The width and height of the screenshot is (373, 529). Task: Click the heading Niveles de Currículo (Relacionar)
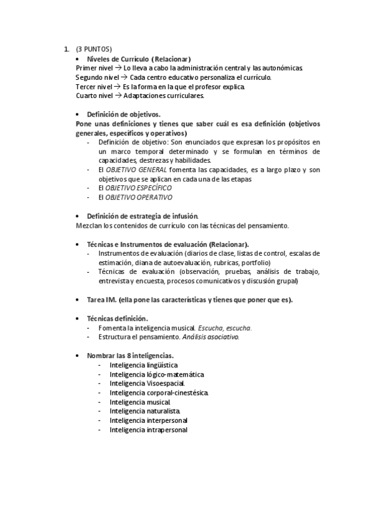tap(139, 58)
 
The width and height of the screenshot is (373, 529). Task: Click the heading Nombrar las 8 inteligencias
tap(130, 356)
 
